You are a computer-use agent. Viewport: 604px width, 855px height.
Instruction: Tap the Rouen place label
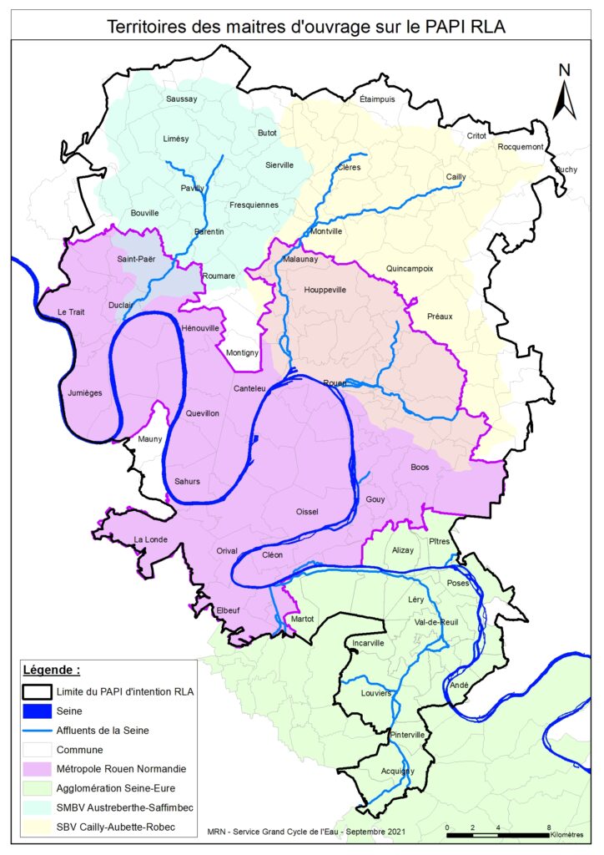pos(335,382)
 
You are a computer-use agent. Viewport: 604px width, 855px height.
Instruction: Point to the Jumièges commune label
pos(84,391)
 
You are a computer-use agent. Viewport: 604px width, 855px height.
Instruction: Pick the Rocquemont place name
pos(521,147)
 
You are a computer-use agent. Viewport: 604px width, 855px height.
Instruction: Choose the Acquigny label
pos(391,771)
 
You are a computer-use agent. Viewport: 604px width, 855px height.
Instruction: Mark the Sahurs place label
pos(189,481)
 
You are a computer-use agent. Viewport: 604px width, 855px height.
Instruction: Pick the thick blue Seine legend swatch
pos(38,711)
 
